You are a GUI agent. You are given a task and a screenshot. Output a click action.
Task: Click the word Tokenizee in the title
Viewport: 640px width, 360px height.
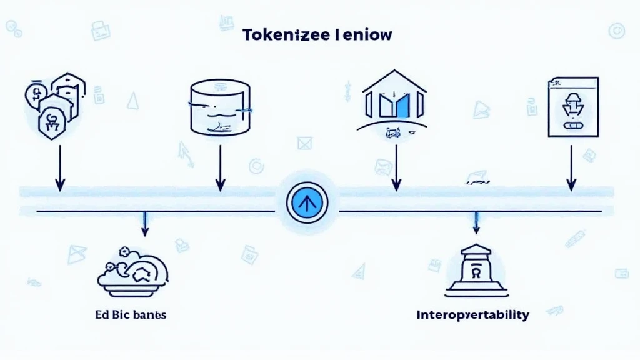click(x=281, y=35)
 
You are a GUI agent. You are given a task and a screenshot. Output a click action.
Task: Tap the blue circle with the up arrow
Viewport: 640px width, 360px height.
click(x=306, y=204)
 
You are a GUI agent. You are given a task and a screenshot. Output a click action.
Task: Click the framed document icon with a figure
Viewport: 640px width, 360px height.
click(x=572, y=106)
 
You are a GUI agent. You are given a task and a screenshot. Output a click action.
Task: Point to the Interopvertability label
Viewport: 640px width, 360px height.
click(x=472, y=314)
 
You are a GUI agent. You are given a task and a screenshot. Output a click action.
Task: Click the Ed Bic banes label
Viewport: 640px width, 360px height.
click(x=132, y=314)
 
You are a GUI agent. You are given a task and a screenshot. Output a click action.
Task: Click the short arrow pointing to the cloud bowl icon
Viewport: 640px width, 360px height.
click(x=145, y=225)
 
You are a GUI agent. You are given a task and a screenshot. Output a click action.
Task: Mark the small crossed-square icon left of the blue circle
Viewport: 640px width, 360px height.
click(x=304, y=143)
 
